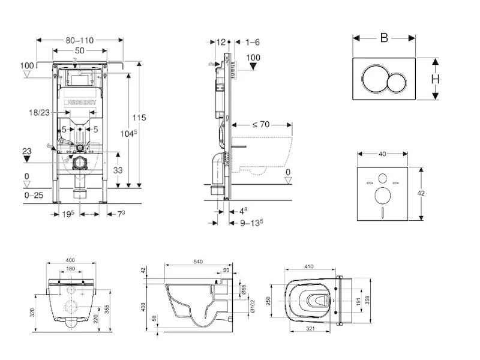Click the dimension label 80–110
tap(79, 41)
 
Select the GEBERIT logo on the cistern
tap(80, 101)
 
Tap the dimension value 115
tap(140, 118)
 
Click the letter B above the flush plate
tap(384, 38)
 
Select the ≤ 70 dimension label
tap(260, 125)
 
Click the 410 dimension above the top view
tap(309, 266)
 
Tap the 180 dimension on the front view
tap(70, 269)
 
